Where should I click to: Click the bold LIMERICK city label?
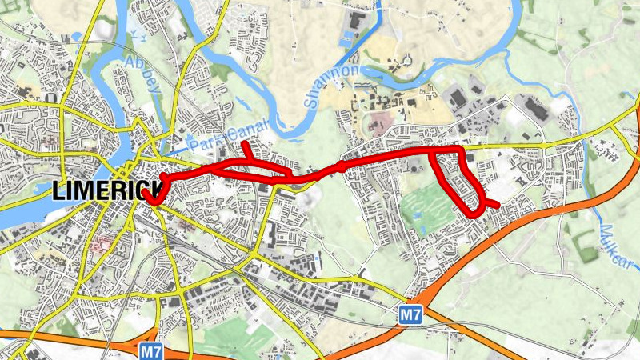click(x=103, y=191)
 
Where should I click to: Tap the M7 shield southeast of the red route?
click(x=410, y=316)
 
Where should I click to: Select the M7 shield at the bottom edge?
click(x=150, y=350)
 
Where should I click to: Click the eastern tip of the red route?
click(x=498, y=205)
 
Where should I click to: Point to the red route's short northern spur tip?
click(x=246, y=143)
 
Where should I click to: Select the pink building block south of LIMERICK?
click(x=100, y=244)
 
